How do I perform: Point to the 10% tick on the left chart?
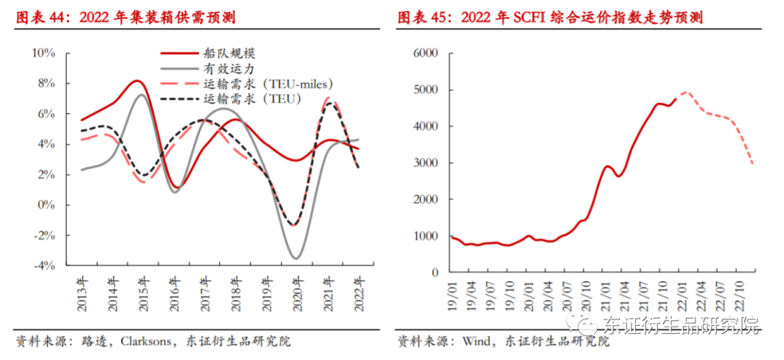coord(44,53)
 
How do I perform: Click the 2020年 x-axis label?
coord(296,292)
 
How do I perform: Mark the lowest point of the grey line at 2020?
coord(296,258)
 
